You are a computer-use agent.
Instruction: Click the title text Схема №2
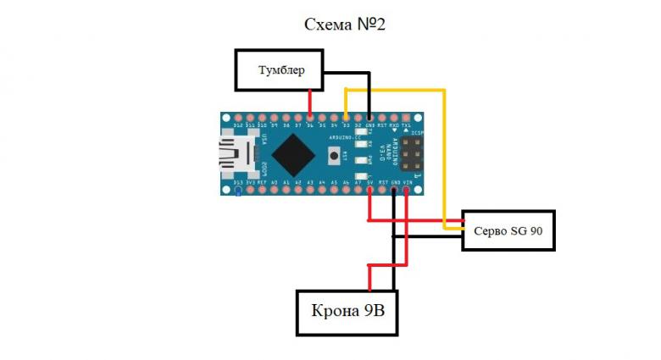pyautogui.click(x=345, y=24)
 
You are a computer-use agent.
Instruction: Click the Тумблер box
pyautogui.click(x=281, y=69)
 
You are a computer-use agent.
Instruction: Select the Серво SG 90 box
pyautogui.click(x=508, y=230)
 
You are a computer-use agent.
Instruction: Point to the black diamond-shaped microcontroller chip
pyautogui.click(x=293, y=154)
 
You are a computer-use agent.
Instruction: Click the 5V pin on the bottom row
pyautogui.click(x=370, y=190)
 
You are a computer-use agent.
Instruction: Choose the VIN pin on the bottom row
pyautogui.click(x=407, y=190)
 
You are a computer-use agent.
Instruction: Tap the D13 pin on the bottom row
pyautogui.click(x=238, y=190)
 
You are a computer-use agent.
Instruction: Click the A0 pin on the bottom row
pyautogui.click(x=275, y=190)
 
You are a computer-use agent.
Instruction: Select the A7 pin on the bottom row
pyautogui.click(x=358, y=190)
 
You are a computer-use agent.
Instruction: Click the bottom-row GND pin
pyautogui.click(x=395, y=190)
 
